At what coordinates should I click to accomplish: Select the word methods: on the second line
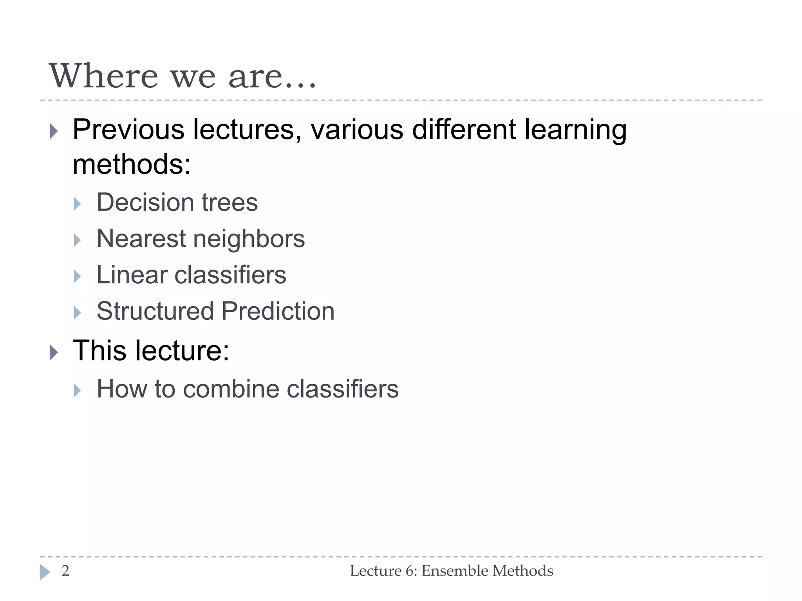point(132,164)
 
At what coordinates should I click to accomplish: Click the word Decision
point(145,203)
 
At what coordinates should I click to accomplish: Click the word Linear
point(132,275)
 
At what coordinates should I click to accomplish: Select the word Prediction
point(278,311)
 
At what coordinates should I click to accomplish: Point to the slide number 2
point(65,571)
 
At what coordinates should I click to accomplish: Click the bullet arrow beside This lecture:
point(54,352)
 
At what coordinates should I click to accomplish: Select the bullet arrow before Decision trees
point(77,204)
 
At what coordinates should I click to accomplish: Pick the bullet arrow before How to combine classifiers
point(77,390)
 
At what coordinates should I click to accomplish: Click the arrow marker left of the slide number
point(45,572)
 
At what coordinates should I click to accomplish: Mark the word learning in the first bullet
point(576,130)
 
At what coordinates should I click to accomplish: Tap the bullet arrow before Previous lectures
point(54,131)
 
